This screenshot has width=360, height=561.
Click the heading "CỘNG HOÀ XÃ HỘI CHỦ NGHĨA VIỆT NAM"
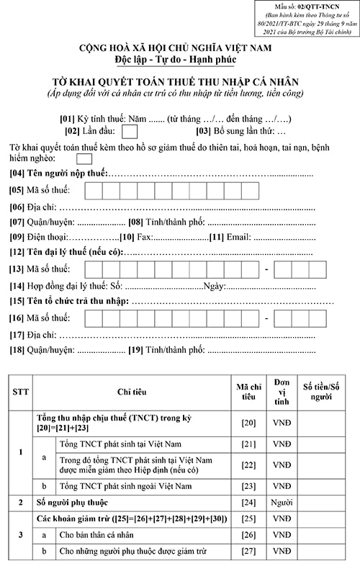point(179,48)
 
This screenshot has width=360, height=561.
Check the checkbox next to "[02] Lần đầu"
point(130,131)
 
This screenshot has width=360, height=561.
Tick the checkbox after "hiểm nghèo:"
point(84,159)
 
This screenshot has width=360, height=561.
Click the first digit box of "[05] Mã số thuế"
point(93,191)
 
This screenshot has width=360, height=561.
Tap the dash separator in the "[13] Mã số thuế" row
point(266,269)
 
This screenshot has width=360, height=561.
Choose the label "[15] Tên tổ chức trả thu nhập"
point(68,300)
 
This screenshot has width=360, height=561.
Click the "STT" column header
point(21,392)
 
